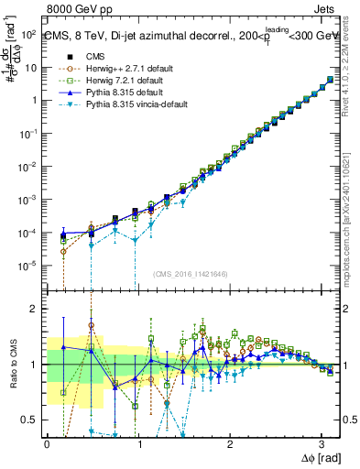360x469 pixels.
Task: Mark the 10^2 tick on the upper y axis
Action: pyautogui.click(x=29, y=34)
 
